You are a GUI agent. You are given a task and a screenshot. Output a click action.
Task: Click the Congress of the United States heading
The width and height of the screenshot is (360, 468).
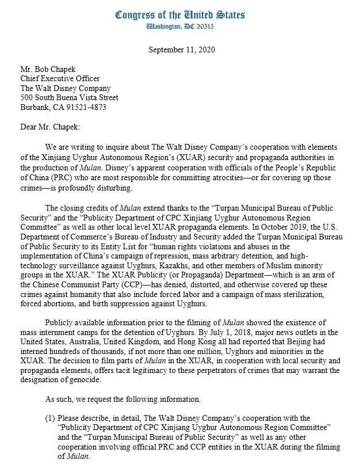[180, 14]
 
